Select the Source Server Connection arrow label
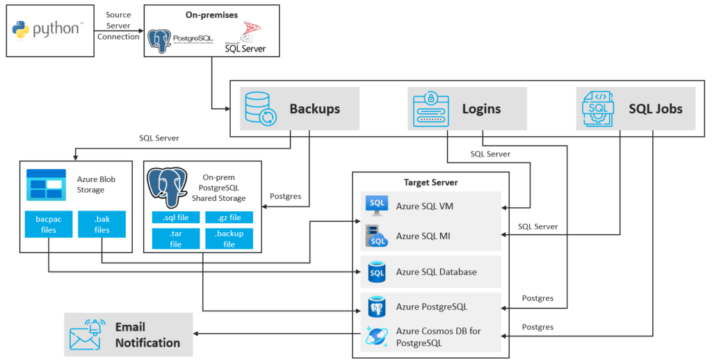(x=118, y=26)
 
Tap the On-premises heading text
(x=211, y=15)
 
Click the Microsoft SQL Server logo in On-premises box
(x=245, y=37)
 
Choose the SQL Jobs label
(x=655, y=109)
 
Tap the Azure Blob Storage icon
(x=46, y=183)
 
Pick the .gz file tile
(x=229, y=218)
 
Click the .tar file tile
(x=175, y=239)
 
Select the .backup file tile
(x=229, y=239)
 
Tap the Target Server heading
(x=430, y=183)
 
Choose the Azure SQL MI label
(x=423, y=236)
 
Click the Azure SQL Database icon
(x=377, y=272)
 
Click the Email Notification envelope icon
(x=87, y=335)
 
